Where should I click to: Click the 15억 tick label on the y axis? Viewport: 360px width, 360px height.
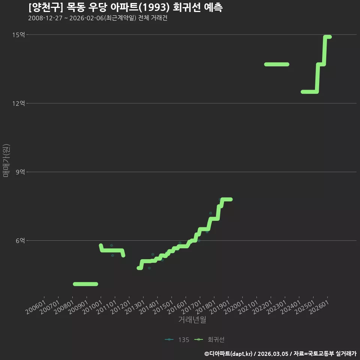pos(19,34)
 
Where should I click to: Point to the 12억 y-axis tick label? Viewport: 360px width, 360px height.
pos(19,103)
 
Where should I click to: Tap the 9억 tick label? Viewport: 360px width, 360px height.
pos(20,172)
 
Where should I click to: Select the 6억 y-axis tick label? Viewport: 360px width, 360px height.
pos(20,241)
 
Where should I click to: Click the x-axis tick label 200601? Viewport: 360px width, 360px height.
pos(36,307)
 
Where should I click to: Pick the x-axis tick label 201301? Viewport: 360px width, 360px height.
pos(135,307)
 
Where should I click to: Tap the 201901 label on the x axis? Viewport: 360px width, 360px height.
pos(220,307)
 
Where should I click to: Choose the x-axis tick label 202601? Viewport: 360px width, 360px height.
pos(319,307)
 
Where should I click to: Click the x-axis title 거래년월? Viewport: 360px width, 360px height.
pos(192,319)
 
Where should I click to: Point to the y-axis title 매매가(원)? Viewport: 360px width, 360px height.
pos(6,160)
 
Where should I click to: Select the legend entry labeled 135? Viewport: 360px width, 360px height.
pos(177,340)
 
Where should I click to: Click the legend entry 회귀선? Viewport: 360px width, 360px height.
pos(209,340)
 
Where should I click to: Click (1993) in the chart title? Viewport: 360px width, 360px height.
pos(154,7)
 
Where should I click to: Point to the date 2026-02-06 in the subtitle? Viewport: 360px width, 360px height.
pos(87,18)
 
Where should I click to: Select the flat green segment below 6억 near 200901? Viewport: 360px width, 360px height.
pos(85,284)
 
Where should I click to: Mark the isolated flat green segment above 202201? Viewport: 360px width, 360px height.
pos(277,64)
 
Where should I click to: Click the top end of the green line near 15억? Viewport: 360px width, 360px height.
pos(330,37)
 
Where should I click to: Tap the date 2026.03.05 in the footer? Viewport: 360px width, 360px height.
pos(273,354)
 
